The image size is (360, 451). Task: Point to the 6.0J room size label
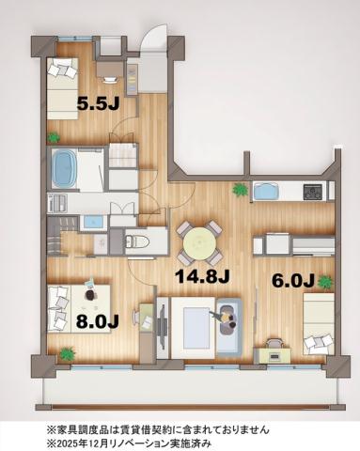[291, 279]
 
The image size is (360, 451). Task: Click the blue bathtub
[65, 167]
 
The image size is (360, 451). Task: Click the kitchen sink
[266, 192]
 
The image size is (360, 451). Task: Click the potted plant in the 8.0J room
[67, 354]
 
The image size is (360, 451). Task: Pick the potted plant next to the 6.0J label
[325, 281]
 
